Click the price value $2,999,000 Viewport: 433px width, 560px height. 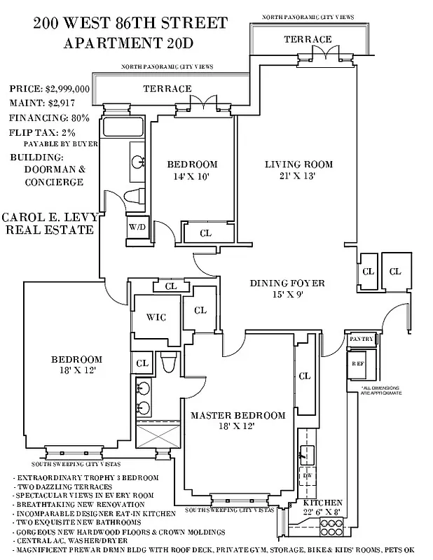coord(67,89)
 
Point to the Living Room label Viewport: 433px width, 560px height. coord(298,164)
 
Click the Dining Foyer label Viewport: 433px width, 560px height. coord(287,283)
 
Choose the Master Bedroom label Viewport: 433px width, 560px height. coord(238,415)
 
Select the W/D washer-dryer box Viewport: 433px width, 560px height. coord(137,227)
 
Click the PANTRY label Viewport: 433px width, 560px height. coord(362,339)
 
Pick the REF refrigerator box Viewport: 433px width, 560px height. coord(358,363)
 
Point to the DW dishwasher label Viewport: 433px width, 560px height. coord(306,474)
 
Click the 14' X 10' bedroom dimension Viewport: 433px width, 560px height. coord(192,177)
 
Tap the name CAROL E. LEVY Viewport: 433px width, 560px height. coord(48,218)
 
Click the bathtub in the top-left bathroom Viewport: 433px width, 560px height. coord(123,127)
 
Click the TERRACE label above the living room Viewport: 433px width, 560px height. coord(308,39)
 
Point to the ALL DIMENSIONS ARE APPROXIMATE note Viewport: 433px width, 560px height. coord(381,391)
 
